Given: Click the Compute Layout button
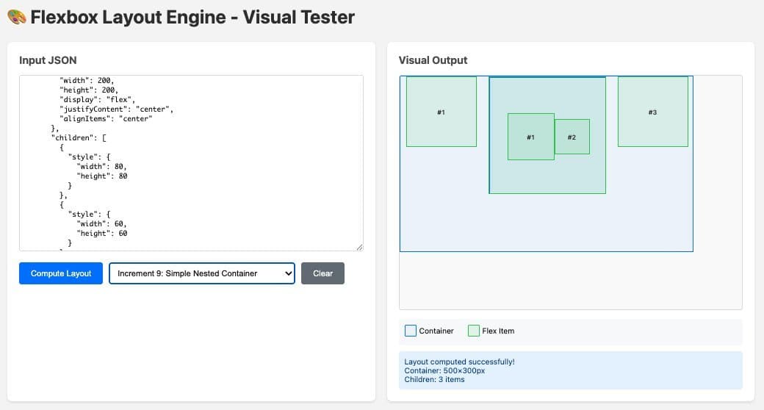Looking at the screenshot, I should click(x=61, y=273).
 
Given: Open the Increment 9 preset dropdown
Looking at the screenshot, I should click(x=201, y=273).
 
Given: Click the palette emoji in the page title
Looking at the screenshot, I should click(x=17, y=17).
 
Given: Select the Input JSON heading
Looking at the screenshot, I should click(x=48, y=60).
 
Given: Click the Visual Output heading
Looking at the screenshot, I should click(x=433, y=60).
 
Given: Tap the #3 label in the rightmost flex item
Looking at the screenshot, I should click(x=652, y=112).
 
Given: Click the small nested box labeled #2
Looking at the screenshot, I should click(x=572, y=137).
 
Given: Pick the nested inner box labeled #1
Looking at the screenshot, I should click(x=530, y=137).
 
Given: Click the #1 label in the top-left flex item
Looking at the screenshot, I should click(x=441, y=112).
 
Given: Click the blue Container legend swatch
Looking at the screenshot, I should click(x=411, y=331).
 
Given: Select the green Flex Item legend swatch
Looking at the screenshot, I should click(x=474, y=331).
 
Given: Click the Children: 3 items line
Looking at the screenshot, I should click(x=434, y=379).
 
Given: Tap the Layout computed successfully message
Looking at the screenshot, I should click(x=459, y=362).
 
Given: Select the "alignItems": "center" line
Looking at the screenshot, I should click(x=105, y=118).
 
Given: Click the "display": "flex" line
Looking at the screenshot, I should click(x=97, y=99).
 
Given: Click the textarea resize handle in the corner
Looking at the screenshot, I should click(x=359, y=247).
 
